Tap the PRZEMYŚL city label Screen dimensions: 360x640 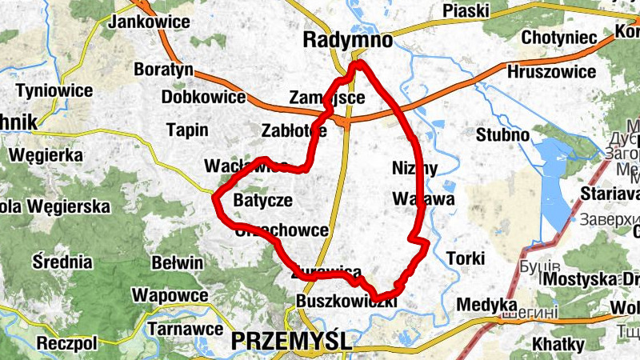(x=291, y=341)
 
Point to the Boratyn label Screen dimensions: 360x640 (x=163, y=69)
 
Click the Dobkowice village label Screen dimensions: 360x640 (x=203, y=98)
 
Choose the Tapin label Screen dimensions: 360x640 (x=186, y=130)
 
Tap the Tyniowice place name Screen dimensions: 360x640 (x=54, y=90)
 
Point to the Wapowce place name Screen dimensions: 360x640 (x=170, y=295)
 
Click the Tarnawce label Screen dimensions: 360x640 (x=186, y=328)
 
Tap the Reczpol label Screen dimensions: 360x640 (x=66, y=343)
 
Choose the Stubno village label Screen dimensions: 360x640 (x=502, y=134)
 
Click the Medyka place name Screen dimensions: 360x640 (x=486, y=305)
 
